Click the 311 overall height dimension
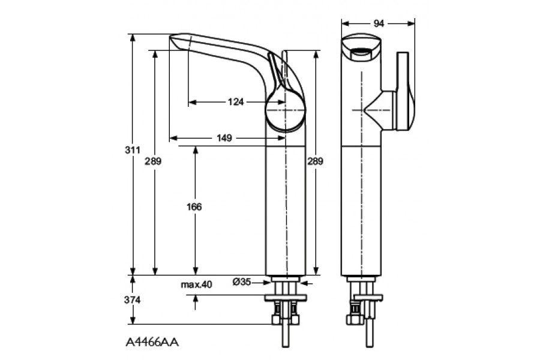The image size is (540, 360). tap(133, 150)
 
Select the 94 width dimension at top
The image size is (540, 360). tap(379, 23)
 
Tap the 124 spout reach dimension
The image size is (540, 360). tap(236, 101)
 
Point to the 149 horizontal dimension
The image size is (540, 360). tap(224, 138)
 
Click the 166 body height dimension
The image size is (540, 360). tap(194, 206)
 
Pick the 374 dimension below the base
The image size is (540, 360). tap(133, 300)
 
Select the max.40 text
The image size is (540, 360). tap(197, 284)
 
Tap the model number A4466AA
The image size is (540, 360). tap(152, 343)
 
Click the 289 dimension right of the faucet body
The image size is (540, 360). tap(315, 161)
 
